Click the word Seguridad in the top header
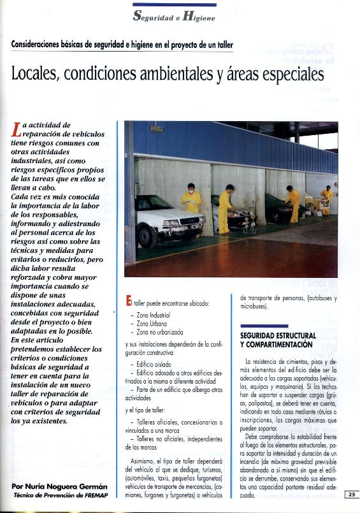155,17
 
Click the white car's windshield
157,203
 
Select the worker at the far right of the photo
327,198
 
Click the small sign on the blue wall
157,129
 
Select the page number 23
351,494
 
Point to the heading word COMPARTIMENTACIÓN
276,345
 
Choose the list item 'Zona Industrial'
153,315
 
